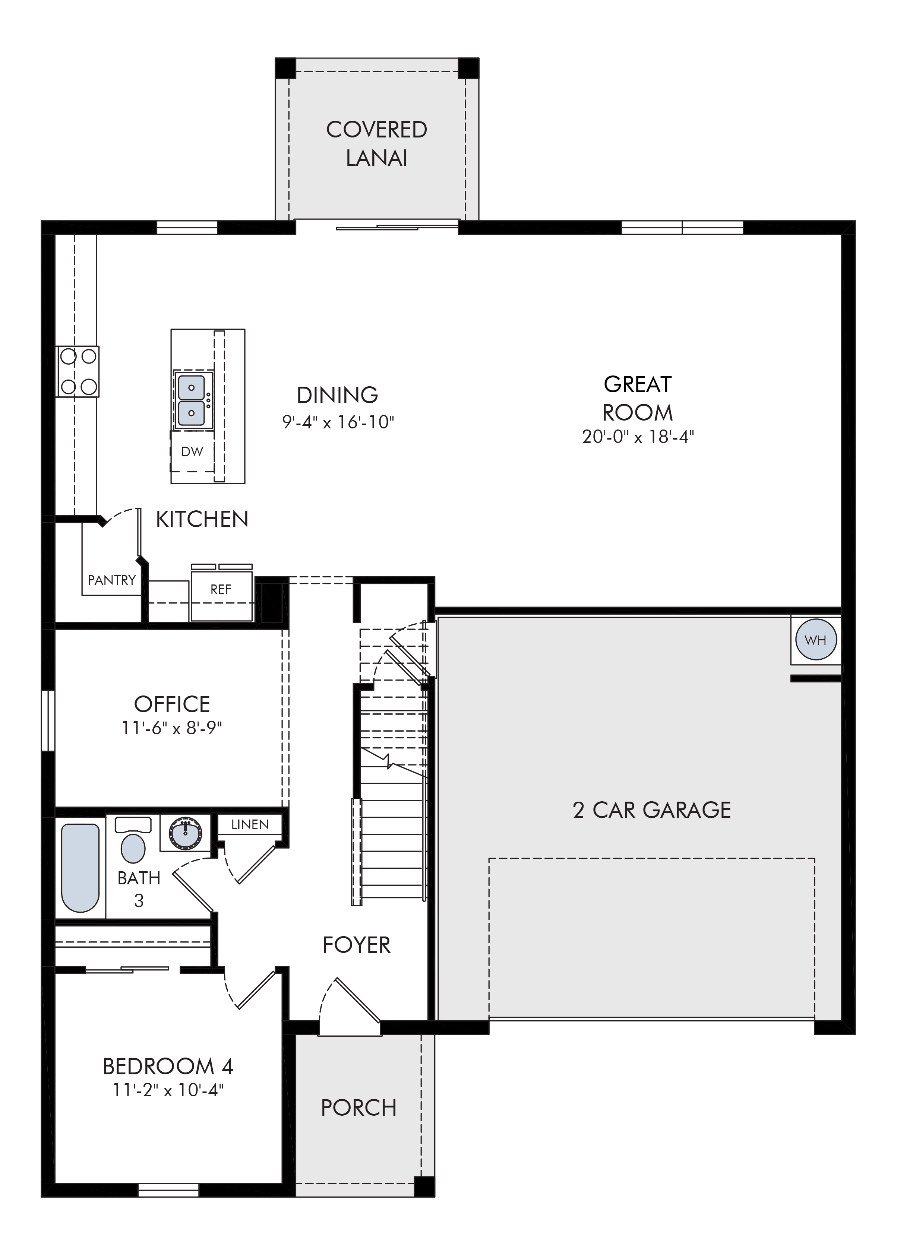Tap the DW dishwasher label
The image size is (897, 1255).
[192, 451]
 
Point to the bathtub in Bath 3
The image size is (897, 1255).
[80, 868]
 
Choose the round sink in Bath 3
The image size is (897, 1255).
[185, 834]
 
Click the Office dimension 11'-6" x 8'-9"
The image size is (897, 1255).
[172, 728]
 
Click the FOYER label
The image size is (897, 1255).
[356, 945]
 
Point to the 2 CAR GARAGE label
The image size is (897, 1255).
[652, 810]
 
